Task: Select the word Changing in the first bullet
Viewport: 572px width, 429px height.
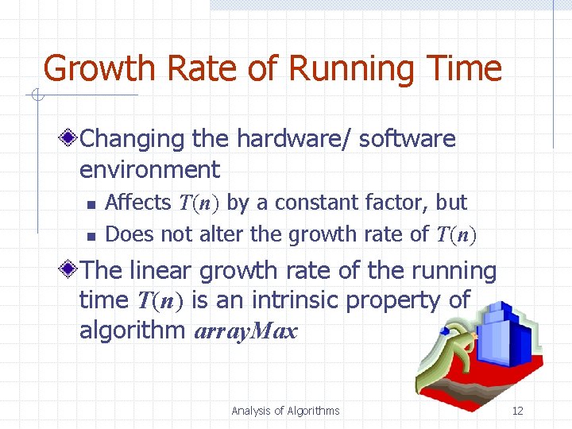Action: (133, 138)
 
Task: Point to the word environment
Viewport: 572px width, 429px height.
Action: (149, 169)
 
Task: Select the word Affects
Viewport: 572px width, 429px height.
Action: (137, 203)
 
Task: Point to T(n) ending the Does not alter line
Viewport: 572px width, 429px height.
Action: (456, 234)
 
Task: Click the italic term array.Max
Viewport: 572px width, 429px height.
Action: (245, 331)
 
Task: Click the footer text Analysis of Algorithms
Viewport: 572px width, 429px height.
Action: (285, 411)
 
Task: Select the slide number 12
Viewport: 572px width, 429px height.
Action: (517, 411)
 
